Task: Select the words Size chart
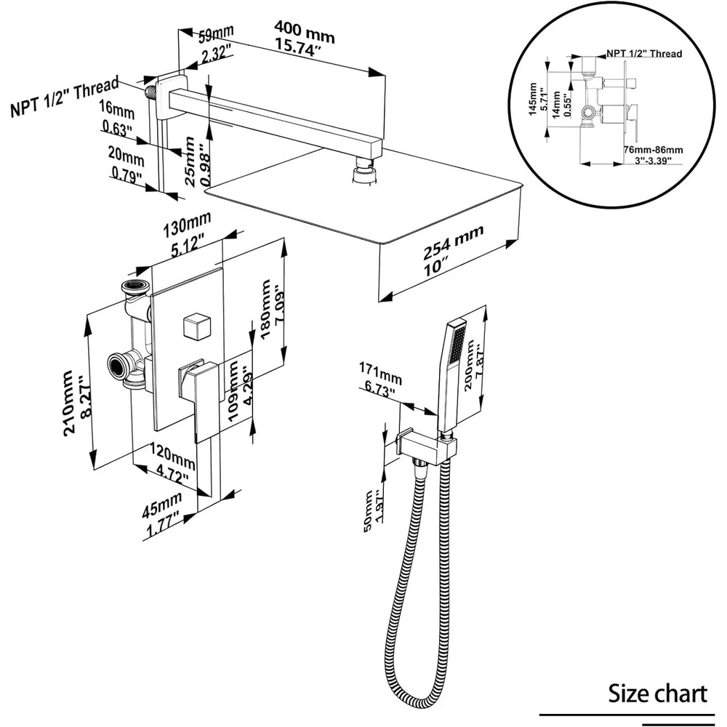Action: point(657,693)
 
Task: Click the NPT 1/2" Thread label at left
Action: point(64,99)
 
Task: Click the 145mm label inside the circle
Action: point(534,97)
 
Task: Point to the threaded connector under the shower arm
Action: point(364,174)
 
